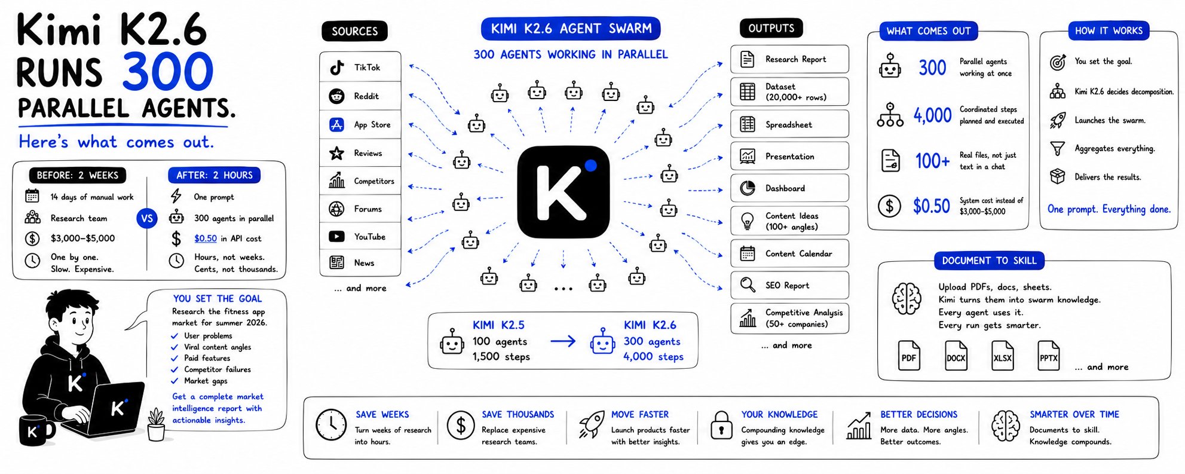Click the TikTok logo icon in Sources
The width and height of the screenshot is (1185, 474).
(x=337, y=68)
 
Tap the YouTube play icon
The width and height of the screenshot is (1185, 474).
(x=336, y=237)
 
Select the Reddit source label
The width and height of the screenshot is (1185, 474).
(x=366, y=96)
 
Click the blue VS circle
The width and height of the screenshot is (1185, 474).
(x=147, y=219)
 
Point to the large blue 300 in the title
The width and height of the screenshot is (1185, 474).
(x=168, y=71)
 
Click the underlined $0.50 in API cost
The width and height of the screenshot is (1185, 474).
(x=206, y=238)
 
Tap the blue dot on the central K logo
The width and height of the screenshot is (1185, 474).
(x=590, y=166)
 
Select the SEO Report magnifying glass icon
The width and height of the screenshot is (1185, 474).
(x=748, y=285)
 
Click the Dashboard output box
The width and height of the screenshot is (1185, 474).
(x=789, y=188)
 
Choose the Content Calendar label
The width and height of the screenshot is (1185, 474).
(x=799, y=253)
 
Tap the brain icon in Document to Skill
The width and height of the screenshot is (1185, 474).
(x=907, y=299)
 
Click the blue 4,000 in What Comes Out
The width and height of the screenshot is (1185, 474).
(x=932, y=115)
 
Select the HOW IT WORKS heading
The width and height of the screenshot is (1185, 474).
(x=1109, y=30)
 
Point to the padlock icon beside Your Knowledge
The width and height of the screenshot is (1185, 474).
(x=721, y=426)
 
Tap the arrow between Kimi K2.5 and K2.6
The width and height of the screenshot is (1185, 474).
(x=563, y=341)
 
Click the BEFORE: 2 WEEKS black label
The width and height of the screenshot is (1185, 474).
(x=78, y=175)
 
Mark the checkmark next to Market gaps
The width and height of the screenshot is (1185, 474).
(x=174, y=381)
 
